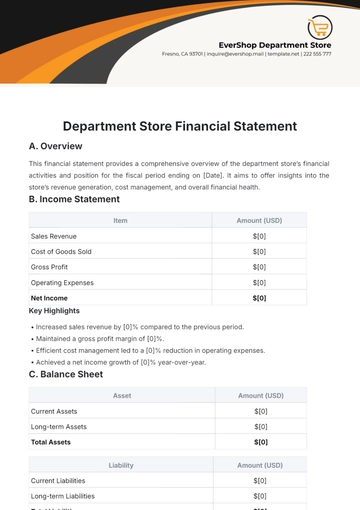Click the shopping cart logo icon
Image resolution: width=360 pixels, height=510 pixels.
click(x=320, y=28)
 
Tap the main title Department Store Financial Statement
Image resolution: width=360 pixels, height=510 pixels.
click(x=180, y=126)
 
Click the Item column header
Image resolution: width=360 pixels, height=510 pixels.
click(x=120, y=219)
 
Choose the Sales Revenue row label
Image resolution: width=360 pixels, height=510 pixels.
click(x=56, y=235)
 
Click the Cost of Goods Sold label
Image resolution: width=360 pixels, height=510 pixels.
click(x=61, y=251)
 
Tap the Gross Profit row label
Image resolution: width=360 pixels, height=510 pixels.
click(x=51, y=267)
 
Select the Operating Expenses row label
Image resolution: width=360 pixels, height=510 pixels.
click(x=62, y=282)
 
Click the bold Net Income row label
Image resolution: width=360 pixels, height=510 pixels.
click(x=50, y=298)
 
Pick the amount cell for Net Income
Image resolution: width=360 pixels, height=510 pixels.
click(x=260, y=298)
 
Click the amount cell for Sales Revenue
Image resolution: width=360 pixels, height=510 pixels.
click(x=260, y=235)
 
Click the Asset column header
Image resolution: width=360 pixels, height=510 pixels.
click(x=121, y=396)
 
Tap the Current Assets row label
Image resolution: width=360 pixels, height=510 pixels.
click(x=55, y=411)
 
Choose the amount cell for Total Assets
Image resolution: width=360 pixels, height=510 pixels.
click(x=260, y=441)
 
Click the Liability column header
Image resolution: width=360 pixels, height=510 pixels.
click(x=121, y=465)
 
